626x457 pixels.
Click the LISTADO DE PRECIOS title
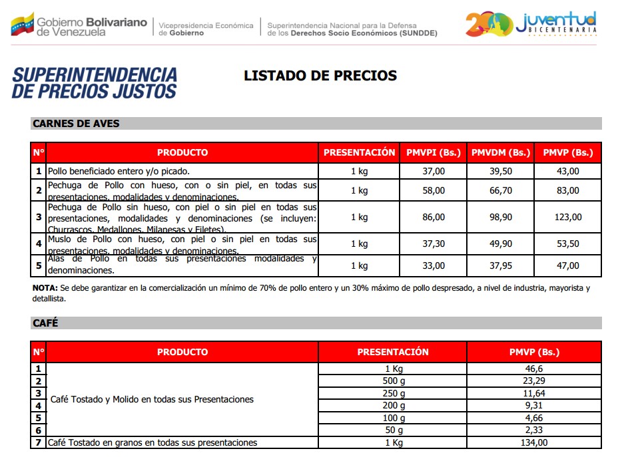tap(320, 76)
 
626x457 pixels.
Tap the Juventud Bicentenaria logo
tap(531, 24)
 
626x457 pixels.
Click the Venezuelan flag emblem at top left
tap(22, 25)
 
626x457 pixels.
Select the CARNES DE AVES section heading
tap(76, 124)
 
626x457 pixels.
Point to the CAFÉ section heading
tap(45, 323)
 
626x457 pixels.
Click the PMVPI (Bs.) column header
tap(434, 152)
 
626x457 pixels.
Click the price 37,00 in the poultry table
tap(434, 172)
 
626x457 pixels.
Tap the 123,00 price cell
tap(567, 217)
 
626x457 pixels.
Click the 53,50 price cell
tap(567, 244)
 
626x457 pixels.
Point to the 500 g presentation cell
tap(393, 381)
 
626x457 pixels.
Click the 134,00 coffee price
tap(534, 443)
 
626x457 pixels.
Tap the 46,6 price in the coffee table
tap(534, 369)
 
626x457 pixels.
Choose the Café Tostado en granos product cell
tap(153, 443)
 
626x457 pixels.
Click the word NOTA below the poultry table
tap(45, 288)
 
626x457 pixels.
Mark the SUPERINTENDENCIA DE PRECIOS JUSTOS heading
tap(95, 82)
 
